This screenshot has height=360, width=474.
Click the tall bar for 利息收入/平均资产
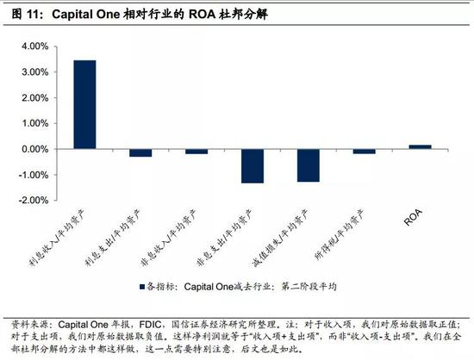(84, 104)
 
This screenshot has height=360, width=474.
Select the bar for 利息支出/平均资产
(140, 152)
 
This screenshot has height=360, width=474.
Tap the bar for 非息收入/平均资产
(196, 152)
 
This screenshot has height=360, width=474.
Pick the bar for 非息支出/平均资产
(253, 165)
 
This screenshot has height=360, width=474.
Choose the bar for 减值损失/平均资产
(309, 164)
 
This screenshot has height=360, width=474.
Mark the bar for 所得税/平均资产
(365, 152)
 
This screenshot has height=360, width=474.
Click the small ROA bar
(421, 146)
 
